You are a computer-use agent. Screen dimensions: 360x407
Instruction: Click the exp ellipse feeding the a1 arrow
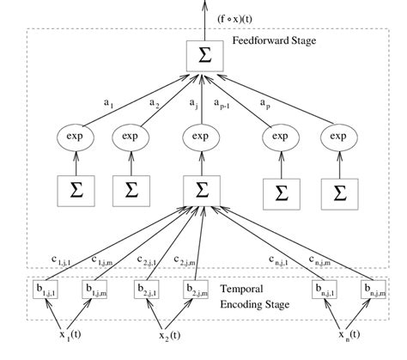(72, 137)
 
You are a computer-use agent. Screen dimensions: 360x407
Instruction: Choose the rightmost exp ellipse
(337, 137)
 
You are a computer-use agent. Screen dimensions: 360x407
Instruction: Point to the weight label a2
(154, 103)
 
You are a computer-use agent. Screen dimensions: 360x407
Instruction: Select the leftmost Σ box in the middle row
(72, 191)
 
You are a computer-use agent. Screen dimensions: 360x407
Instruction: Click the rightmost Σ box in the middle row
(337, 191)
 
